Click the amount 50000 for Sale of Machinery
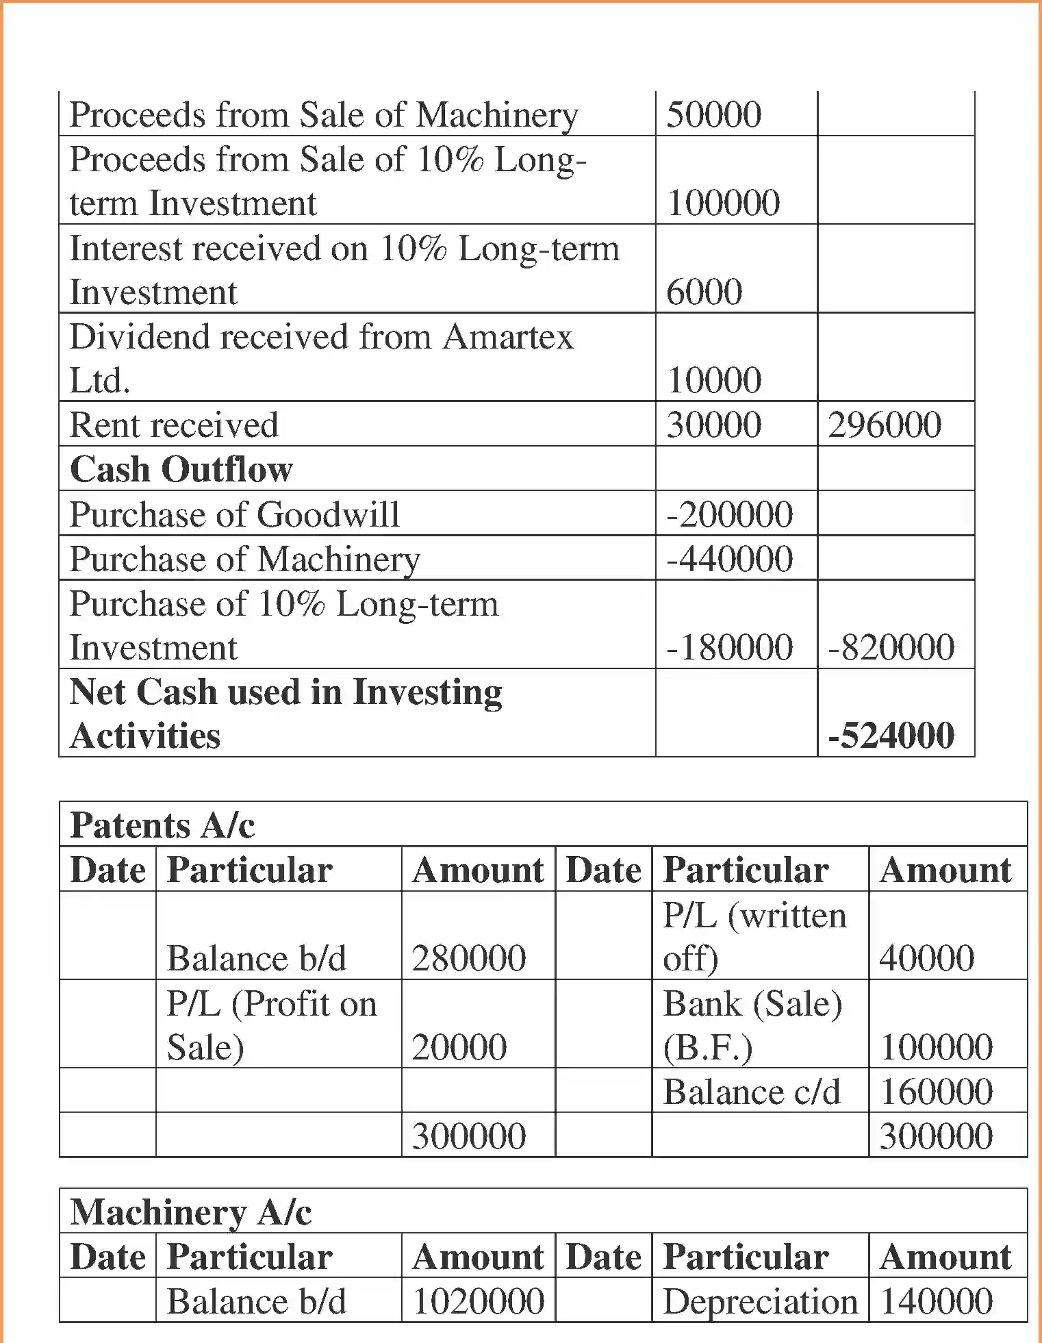click(713, 114)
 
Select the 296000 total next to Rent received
click(884, 425)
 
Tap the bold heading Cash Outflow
click(181, 469)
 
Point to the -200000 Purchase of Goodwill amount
click(729, 514)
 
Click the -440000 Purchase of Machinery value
click(729, 559)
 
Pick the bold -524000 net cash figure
click(891, 736)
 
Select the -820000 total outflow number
click(891, 647)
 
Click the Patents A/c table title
click(162, 825)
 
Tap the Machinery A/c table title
click(191, 1212)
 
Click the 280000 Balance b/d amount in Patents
click(469, 957)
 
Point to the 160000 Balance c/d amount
click(936, 1091)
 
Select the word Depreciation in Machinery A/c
click(760, 1301)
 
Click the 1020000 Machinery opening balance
click(479, 1301)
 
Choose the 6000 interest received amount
click(704, 292)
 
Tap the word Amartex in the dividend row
click(507, 337)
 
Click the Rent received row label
click(174, 425)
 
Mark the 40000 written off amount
click(926, 957)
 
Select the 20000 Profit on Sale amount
click(459, 1046)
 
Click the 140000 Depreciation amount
click(936, 1301)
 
